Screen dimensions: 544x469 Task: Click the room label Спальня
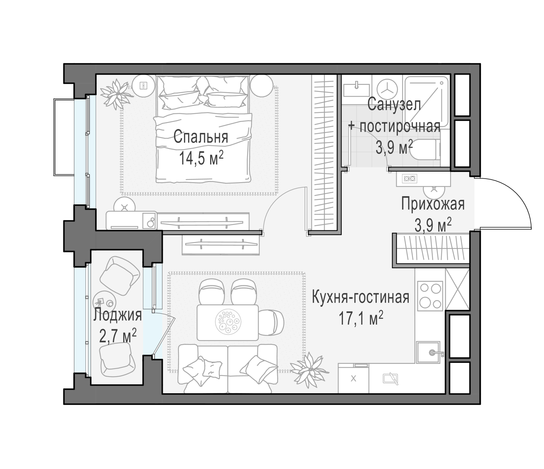(201, 137)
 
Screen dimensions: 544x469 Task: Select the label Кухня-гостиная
(361, 298)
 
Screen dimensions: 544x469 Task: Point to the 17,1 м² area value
(361, 318)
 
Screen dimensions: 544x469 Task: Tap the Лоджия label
(118, 315)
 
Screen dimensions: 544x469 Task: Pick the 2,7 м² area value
(118, 336)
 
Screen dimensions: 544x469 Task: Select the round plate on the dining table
(228, 322)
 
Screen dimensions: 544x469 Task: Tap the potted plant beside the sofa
(309, 370)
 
